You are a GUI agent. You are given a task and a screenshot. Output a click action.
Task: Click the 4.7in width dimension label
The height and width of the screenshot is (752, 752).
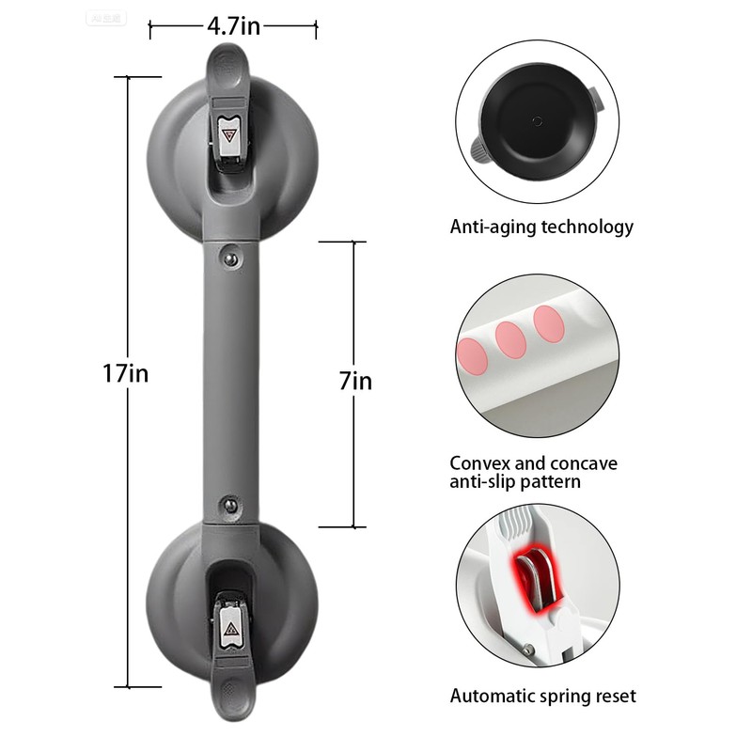click(x=233, y=26)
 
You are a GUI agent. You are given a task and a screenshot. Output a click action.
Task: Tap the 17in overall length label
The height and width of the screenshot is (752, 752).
click(x=126, y=373)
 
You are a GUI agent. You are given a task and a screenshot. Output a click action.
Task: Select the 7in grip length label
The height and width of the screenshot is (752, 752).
click(x=355, y=381)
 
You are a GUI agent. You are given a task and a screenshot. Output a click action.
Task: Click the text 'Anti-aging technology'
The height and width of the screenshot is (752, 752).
click(x=541, y=227)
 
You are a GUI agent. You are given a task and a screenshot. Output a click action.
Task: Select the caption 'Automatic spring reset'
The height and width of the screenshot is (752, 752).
click(x=542, y=697)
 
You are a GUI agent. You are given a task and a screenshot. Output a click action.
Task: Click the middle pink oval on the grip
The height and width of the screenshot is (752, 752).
click(x=511, y=340)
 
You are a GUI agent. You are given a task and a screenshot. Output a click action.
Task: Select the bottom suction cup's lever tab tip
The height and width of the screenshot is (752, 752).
click(x=231, y=700)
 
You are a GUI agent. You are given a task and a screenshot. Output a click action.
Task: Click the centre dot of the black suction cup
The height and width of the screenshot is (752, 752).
click(x=537, y=120)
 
